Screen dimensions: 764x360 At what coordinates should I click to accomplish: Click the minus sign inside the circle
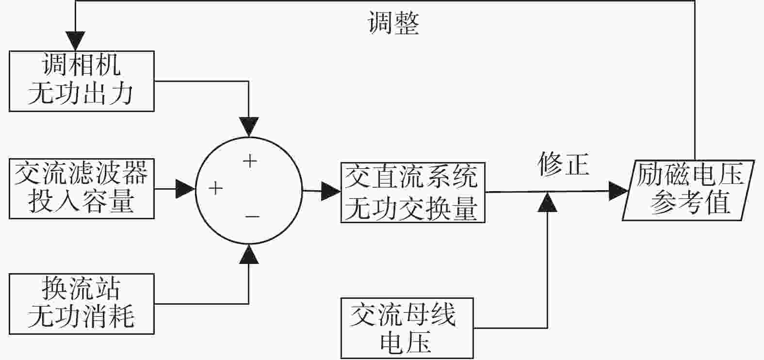click(x=252, y=216)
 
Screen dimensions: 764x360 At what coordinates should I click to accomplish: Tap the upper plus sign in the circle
click(x=250, y=161)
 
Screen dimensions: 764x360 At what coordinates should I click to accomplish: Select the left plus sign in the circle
click(x=215, y=188)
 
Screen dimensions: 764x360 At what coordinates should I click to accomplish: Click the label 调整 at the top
click(x=393, y=23)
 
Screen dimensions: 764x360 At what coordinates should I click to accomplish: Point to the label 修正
click(x=564, y=164)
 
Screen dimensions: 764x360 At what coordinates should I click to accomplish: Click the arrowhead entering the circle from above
click(x=249, y=127)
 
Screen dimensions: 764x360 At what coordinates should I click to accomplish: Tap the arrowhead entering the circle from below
click(x=249, y=254)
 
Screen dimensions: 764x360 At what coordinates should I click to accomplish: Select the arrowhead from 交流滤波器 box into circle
click(x=185, y=189)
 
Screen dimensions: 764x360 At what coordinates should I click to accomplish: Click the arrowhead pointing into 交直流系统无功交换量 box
click(x=331, y=191)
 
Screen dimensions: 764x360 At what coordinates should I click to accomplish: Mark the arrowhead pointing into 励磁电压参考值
click(x=618, y=191)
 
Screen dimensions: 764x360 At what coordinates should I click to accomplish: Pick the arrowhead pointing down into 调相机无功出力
click(x=75, y=41)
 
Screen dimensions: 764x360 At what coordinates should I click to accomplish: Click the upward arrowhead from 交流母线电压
click(x=548, y=202)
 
